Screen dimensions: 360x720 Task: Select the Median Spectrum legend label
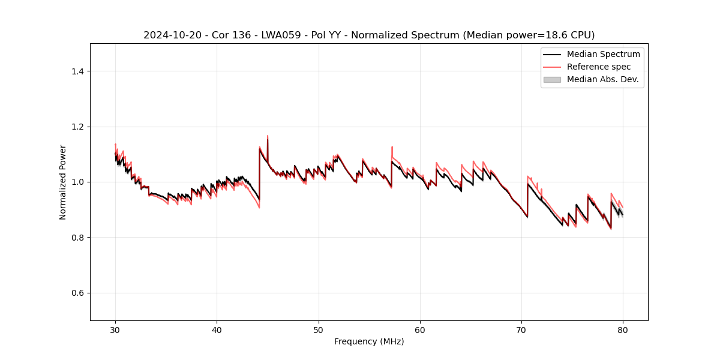click(603, 54)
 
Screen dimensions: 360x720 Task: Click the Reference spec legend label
click(599, 67)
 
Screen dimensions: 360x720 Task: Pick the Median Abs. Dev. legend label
click(602, 79)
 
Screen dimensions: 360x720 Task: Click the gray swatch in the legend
click(552, 79)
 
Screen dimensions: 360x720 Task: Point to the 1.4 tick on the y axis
click(78, 71)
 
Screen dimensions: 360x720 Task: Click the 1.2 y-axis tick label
click(78, 127)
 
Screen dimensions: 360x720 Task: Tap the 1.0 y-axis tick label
click(78, 182)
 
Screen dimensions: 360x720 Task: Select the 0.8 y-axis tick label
click(78, 238)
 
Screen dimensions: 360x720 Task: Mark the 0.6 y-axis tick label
click(78, 293)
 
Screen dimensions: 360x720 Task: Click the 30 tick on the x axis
click(115, 330)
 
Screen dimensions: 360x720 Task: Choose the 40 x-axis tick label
click(217, 330)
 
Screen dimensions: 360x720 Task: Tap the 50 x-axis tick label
click(319, 330)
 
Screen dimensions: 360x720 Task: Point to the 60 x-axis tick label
click(420, 330)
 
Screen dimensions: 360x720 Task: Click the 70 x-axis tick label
click(521, 330)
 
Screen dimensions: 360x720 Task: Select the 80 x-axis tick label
click(623, 330)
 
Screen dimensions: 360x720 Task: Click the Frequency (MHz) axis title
click(369, 341)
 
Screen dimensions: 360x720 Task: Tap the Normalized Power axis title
click(63, 182)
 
